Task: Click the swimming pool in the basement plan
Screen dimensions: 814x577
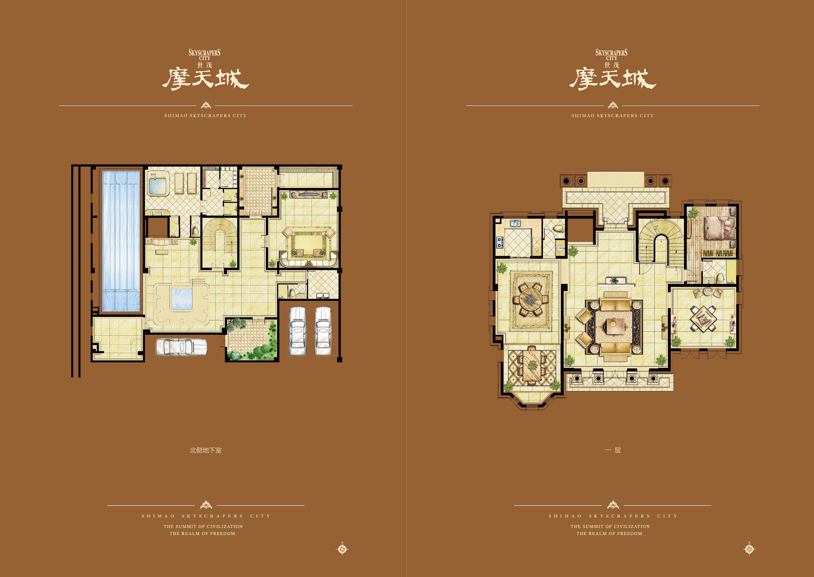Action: pyautogui.click(x=121, y=241)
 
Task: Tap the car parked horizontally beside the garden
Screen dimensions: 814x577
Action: pyautogui.click(x=181, y=347)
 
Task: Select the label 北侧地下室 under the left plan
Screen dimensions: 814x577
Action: pyautogui.click(x=206, y=450)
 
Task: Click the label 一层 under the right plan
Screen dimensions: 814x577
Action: pyautogui.click(x=613, y=450)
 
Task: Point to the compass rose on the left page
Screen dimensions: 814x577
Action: pyautogui.click(x=342, y=549)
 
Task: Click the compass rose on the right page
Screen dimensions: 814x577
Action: pyautogui.click(x=749, y=549)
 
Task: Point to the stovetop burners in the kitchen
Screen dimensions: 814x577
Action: pyautogui.click(x=500, y=242)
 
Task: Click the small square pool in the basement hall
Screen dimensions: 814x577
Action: pyautogui.click(x=181, y=299)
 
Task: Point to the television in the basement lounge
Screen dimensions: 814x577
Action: pyautogui.click(x=308, y=194)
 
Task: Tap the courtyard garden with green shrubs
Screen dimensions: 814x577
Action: pyautogui.click(x=252, y=339)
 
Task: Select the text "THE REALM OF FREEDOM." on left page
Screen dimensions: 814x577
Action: pyautogui.click(x=203, y=533)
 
